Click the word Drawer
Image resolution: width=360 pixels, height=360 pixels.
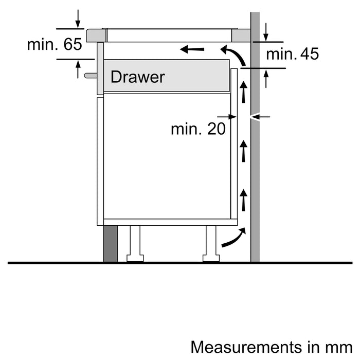click(x=137, y=77)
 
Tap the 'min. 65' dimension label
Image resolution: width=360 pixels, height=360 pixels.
click(x=55, y=44)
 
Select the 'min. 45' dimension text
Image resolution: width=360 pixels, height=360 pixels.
click(x=293, y=53)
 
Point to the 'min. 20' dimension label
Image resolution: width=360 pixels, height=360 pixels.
click(x=198, y=129)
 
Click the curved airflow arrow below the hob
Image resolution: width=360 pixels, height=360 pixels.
click(x=230, y=53)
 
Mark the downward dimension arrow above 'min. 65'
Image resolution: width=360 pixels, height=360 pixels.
click(x=77, y=18)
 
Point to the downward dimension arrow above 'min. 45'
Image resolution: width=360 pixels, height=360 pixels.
click(x=266, y=32)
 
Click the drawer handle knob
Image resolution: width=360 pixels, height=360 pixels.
click(x=90, y=76)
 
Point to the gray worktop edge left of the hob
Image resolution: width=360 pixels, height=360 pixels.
click(x=95, y=35)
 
